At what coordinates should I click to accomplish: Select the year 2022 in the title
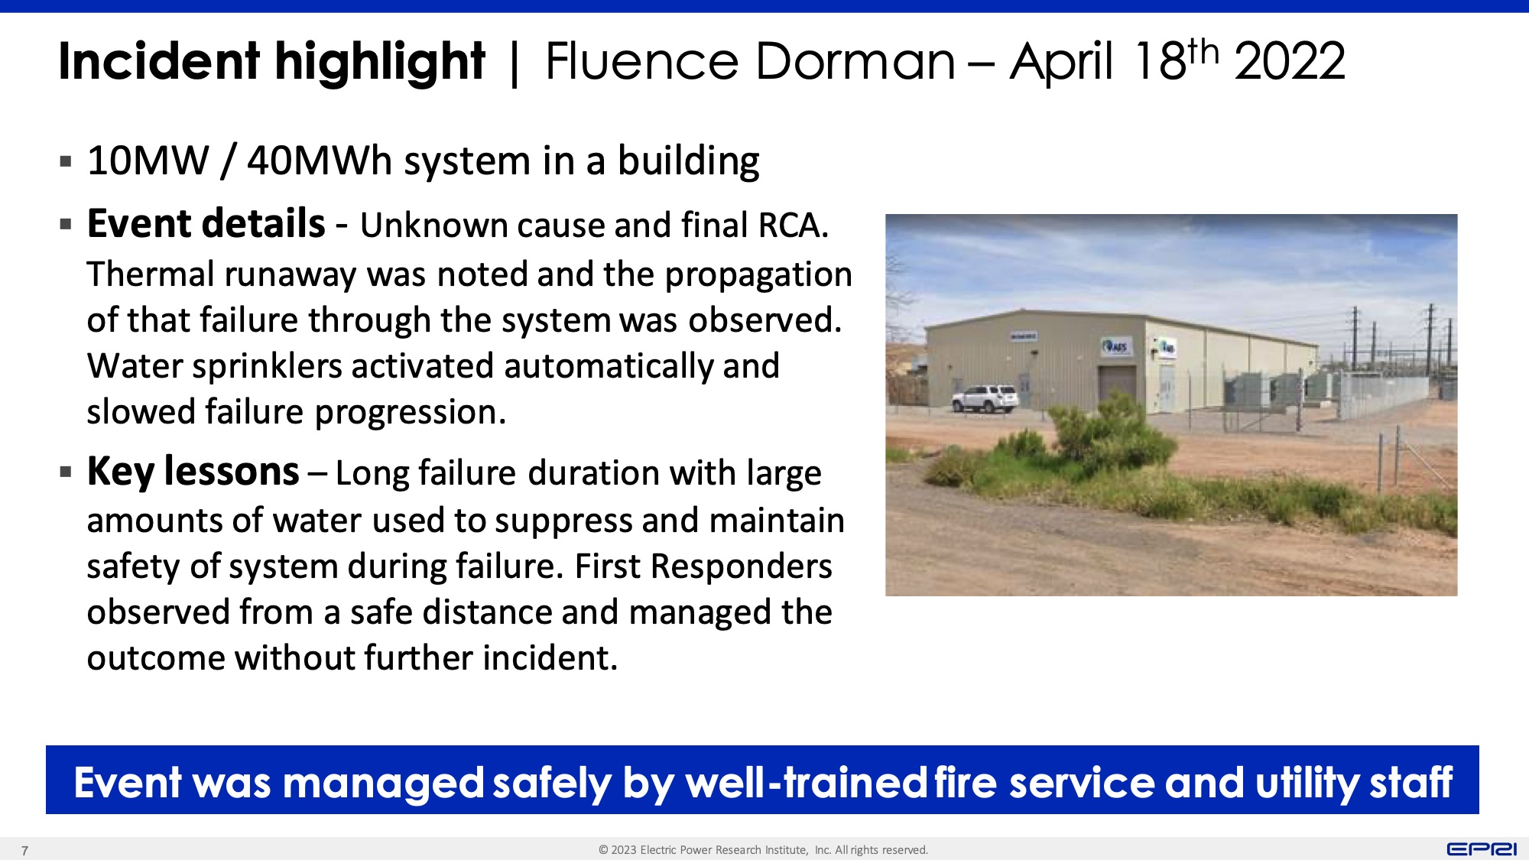(1290, 61)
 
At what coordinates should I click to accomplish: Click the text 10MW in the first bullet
(148, 161)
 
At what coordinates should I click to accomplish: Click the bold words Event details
(206, 224)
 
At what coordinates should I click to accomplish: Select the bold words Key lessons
(193, 471)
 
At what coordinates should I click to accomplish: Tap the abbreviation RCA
(793, 226)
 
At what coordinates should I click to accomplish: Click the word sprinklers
(267, 366)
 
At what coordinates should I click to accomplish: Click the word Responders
(741, 566)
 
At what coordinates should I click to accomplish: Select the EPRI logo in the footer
(1482, 849)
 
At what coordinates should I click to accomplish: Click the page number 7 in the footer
(25, 851)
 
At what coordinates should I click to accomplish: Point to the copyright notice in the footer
(763, 850)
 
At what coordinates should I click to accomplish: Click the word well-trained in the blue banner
(806, 783)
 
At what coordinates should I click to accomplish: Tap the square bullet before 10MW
(66, 162)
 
